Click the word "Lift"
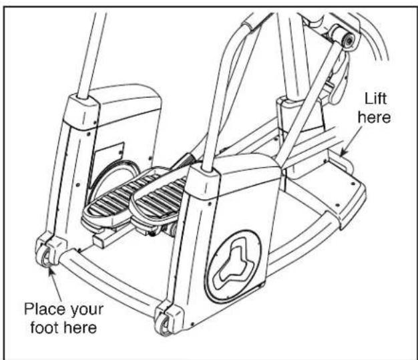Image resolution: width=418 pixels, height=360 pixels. pyautogui.click(x=375, y=98)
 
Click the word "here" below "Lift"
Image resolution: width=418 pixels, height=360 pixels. pyautogui.click(x=375, y=117)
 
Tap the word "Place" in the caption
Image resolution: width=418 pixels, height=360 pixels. pyautogui.click(x=45, y=309)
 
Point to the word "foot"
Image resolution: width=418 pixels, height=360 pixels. pyautogui.click(x=44, y=327)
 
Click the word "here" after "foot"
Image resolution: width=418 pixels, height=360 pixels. pyautogui.click(x=79, y=328)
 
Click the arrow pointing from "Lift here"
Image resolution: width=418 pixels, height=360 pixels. pyautogui.click(x=351, y=140)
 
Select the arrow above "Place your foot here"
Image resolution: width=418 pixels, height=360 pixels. pyautogui.click(x=54, y=283)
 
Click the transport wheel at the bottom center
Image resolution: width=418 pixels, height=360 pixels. pyautogui.click(x=163, y=324)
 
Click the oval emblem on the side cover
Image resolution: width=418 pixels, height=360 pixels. pyautogui.click(x=232, y=266)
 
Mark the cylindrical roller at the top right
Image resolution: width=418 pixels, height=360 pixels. pyautogui.click(x=343, y=37)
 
